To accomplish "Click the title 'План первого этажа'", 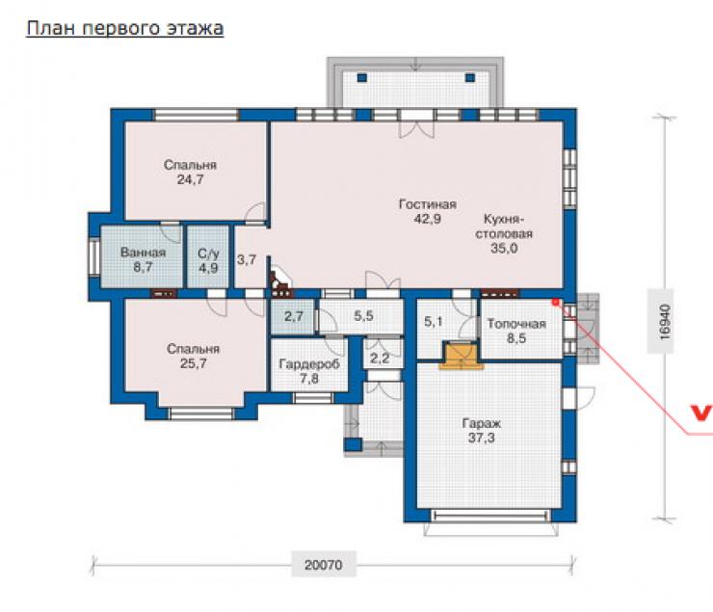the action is (x=125, y=28).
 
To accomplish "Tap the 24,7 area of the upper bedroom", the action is (x=191, y=179).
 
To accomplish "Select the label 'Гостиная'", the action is (x=428, y=204).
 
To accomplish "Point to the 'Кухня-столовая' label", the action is (x=504, y=226).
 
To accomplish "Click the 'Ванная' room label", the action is (x=143, y=253).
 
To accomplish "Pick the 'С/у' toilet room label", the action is (x=208, y=253).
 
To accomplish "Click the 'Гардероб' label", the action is (x=309, y=364).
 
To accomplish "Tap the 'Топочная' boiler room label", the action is (x=516, y=324).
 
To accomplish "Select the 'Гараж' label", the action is (x=482, y=424).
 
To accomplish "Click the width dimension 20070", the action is (x=324, y=565).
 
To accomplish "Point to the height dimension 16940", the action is (x=665, y=322).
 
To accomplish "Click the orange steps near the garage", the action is (x=462, y=356).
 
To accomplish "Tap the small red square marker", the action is (x=555, y=302).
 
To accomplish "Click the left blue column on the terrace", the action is (x=362, y=78).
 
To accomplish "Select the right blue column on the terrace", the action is (x=470, y=78).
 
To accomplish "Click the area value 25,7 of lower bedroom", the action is (x=194, y=363).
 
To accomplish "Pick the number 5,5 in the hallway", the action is (x=364, y=315).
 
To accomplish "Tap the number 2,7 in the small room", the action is (x=294, y=316).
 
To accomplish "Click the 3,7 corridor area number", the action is (x=247, y=260).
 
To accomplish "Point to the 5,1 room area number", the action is (x=434, y=322).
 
